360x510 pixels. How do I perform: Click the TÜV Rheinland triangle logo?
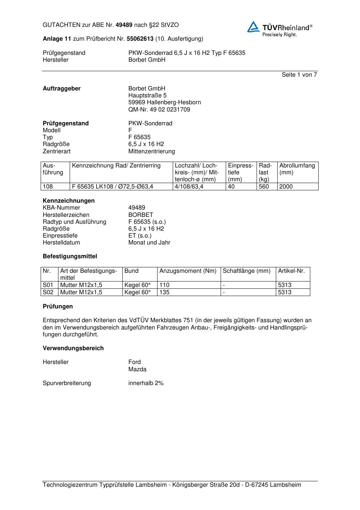(x=253, y=27)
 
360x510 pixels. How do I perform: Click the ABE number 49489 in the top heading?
(x=124, y=25)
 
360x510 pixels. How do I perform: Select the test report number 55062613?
(x=140, y=39)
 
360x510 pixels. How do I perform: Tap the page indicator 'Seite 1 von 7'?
(x=299, y=75)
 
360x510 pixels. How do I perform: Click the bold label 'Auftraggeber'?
(x=62, y=89)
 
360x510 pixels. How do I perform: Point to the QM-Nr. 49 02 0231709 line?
(x=159, y=110)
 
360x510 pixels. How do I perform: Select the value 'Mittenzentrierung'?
(x=151, y=151)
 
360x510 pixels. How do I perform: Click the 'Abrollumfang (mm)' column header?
(x=297, y=169)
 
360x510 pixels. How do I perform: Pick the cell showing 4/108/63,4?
(x=189, y=187)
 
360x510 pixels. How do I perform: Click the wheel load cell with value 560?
(x=264, y=187)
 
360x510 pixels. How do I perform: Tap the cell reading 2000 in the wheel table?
(x=286, y=187)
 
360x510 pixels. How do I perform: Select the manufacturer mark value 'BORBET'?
(x=140, y=215)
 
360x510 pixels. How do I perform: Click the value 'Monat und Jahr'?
(x=149, y=243)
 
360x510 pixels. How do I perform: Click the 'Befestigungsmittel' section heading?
(x=70, y=256)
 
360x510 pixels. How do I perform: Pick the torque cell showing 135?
(x=164, y=292)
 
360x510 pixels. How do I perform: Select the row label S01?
(x=48, y=285)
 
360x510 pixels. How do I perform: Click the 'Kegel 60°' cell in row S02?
(x=137, y=292)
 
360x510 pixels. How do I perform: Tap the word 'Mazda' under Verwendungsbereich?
(x=137, y=369)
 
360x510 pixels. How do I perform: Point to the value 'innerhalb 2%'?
(x=146, y=383)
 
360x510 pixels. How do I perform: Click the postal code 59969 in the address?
(x=137, y=102)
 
